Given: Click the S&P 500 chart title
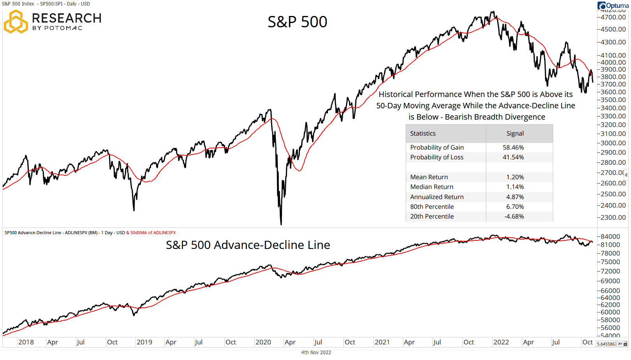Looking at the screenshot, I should point(297,22).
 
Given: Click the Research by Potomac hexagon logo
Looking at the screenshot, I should point(16,22).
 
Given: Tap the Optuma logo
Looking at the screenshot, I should point(613,5).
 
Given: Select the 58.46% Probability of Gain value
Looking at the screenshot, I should point(513,147).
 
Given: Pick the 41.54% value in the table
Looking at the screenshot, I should point(513,157).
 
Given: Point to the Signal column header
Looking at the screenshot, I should point(515,133).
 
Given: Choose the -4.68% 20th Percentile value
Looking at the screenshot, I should point(514,216).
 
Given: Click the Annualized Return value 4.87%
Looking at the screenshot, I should point(515,197).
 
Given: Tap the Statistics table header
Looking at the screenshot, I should point(423,133).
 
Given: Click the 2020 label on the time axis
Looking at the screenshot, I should point(263,342).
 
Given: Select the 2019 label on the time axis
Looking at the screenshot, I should point(144,342).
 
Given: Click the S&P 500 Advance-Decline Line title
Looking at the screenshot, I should point(248,245).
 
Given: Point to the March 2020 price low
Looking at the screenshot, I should point(281,223).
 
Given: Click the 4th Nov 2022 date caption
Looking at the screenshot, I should point(316,352).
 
